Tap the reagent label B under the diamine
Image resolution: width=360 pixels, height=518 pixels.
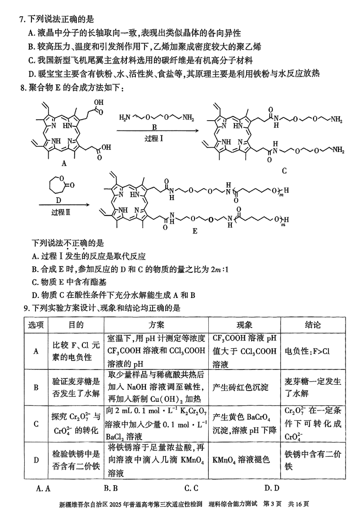click(154, 127)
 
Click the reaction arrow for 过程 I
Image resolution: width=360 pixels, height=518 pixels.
click(157, 131)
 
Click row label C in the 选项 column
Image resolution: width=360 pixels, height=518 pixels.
click(36, 423)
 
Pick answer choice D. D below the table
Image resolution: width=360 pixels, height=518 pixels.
click(272, 488)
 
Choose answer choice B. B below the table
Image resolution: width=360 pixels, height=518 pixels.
click(110, 488)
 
